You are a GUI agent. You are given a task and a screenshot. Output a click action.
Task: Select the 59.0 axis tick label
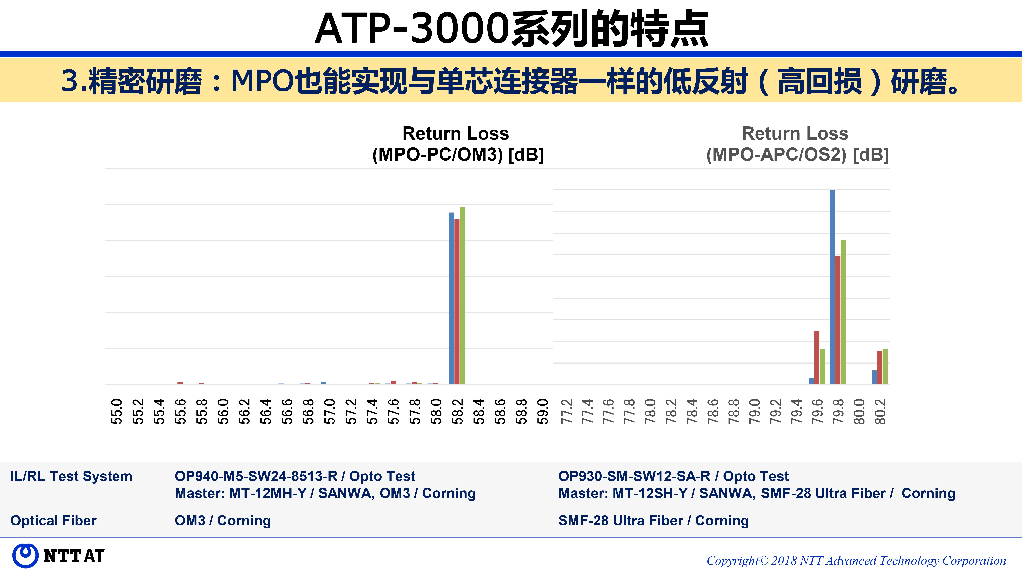[543, 411]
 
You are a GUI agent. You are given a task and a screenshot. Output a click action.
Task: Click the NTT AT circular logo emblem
[25, 556]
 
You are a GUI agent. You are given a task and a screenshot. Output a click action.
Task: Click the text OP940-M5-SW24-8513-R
[256, 476]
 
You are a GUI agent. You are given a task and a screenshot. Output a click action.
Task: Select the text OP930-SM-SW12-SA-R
[634, 476]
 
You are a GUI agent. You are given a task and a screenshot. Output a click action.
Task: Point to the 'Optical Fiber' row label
[53, 521]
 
